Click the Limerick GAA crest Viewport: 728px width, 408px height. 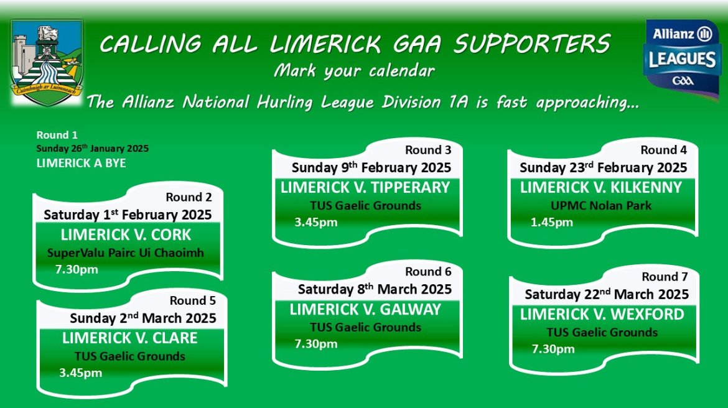(x=47, y=63)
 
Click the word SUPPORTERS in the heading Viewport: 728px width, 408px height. (x=531, y=45)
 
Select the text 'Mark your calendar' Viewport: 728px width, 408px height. (x=354, y=71)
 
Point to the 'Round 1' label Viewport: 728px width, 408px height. (x=57, y=135)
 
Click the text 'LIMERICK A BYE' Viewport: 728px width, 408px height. (x=82, y=163)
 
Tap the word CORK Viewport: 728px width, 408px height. (x=171, y=235)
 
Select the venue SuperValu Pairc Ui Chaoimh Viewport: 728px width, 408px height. (x=125, y=253)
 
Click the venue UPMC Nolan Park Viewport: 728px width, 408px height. (x=601, y=206)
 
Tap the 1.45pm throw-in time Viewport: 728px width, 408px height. (x=551, y=222)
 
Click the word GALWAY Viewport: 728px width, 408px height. (x=411, y=310)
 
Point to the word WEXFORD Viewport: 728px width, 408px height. (x=647, y=314)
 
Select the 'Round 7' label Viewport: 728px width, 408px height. (x=665, y=277)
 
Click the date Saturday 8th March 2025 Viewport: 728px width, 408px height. (x=375, y=289)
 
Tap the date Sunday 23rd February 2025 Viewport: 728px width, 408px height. (x=603, y=167)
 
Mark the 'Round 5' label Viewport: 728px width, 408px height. (x=193, y=301)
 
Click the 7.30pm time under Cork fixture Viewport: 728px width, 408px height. (x=77, y=270)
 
